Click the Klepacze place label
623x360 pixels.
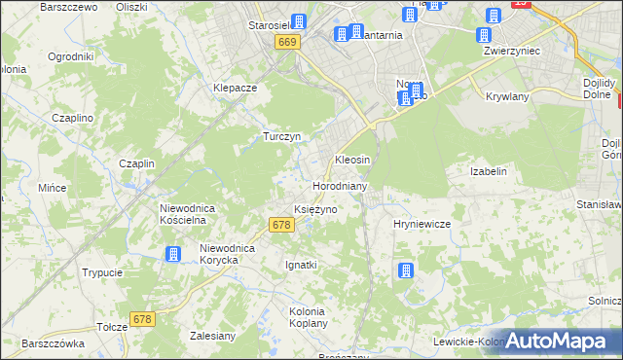pos(235,88)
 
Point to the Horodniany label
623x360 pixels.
pos(339,186)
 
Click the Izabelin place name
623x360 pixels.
pos(489,171)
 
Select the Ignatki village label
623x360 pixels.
pos(301,265)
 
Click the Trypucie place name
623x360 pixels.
pos(101,273)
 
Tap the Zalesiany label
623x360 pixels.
pos(213,336)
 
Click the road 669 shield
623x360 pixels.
pos(286,43)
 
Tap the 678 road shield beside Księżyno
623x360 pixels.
pos(279,225)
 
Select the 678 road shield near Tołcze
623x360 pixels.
pos(143,319)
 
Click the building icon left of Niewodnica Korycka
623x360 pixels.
pos(173,255)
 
